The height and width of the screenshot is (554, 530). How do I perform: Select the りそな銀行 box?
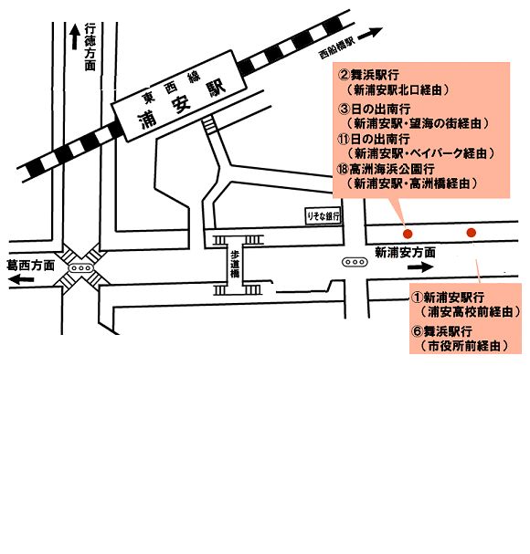pyautogui.click(x=323, y=215)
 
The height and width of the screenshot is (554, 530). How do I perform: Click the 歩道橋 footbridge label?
pyautogui.click(x=234, y=264)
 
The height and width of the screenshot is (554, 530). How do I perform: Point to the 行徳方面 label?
pyautogui.click(x=90, y=47)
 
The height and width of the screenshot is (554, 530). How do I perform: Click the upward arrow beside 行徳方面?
pyautogui.click(x=75, y=37)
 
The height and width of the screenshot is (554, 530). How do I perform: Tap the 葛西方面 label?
pyautogui.click(x=31, y=266)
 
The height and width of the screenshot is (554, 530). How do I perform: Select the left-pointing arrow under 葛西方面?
pyautogui.click(x=21, y=280)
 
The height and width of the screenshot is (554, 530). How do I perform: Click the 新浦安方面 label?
pyautogui.click(x=405, y=253)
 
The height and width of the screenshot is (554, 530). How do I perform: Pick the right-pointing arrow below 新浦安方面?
pyautogui.click(x=420, y=267)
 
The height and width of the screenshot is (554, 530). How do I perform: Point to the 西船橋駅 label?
pyautogui.click(x=336, y=48)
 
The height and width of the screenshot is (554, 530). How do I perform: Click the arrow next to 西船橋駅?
pyautogui.click(x=370, y=34)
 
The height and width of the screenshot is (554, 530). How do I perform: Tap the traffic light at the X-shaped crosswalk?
pyautogui.click(x=81, y=268)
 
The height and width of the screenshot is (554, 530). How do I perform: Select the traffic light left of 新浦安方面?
pyautogui.click(x=355, y=262)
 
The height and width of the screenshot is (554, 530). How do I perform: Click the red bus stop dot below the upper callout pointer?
pyautogui.click(x=408, y=234)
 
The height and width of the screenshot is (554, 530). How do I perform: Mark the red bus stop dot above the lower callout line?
pyautogui.click(x=471, y=233)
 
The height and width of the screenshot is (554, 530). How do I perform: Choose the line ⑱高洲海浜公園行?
pyautogui.click(x=386, y=169)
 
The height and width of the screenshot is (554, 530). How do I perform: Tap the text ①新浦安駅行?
pyautogui.click(x=448, y=298)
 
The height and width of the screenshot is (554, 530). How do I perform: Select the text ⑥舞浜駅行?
pyautogui.click(x=442, y=331)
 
